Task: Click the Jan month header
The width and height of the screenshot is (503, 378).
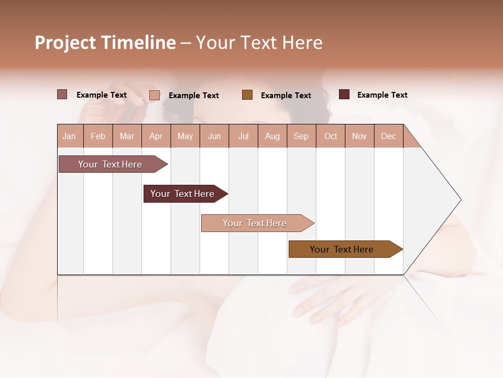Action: (69, 136)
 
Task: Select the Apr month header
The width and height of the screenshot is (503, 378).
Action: (156, 136)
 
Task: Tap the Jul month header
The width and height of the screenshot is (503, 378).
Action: (243, 136)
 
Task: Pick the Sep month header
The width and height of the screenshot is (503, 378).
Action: (301, 136)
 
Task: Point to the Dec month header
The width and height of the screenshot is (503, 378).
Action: (388, 136)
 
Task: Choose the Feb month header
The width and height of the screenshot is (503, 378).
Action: (98, 136)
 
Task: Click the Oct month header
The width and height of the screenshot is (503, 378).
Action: (331, 136)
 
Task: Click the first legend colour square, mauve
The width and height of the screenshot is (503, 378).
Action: (62, 94)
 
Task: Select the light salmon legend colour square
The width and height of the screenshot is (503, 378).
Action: (155, 95)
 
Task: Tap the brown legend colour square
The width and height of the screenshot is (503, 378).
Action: (247, 95)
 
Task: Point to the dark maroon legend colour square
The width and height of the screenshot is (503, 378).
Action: (344, 94)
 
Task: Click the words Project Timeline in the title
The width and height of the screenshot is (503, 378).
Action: (105, 43)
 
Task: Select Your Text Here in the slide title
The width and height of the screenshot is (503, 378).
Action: (259, 43)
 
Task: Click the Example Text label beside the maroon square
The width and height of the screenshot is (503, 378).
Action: (382, 95)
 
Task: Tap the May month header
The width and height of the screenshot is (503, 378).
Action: (185, 136)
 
